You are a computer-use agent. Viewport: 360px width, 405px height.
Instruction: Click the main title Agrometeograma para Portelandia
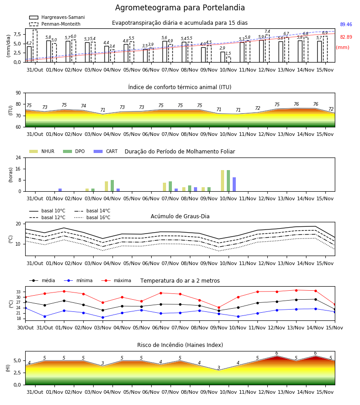[180, 8]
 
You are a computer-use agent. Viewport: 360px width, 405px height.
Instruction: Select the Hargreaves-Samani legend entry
[57, 17]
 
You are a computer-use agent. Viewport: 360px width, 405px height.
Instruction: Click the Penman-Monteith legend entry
[55, 24]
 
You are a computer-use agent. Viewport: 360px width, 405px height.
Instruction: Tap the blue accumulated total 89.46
[346, 25]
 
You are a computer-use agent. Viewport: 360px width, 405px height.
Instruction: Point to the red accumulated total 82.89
[346, 37]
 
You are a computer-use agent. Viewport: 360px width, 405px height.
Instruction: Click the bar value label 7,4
[267, 31]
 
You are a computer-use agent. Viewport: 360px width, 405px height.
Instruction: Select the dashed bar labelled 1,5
[229, 60]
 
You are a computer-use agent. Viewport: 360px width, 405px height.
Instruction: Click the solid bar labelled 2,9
[223, 57]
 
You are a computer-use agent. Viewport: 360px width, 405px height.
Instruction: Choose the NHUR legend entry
[42, 151]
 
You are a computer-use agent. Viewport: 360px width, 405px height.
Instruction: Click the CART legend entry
[105, 151]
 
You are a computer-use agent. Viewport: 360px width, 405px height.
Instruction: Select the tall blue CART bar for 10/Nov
[234, 184]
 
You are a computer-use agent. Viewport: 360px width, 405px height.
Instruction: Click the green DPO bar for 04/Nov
[112, 186]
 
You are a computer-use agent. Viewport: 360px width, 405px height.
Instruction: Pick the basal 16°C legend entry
[92, 217]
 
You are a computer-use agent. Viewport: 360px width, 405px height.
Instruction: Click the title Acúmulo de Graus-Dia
[180, 216]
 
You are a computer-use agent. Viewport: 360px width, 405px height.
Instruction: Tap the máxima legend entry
[116, 280]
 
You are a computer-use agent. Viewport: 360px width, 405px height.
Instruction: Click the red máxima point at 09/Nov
[219, 308]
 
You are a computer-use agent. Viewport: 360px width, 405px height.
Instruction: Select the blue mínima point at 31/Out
[45, 316]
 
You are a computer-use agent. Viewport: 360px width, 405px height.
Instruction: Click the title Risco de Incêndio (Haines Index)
[180, 345]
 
